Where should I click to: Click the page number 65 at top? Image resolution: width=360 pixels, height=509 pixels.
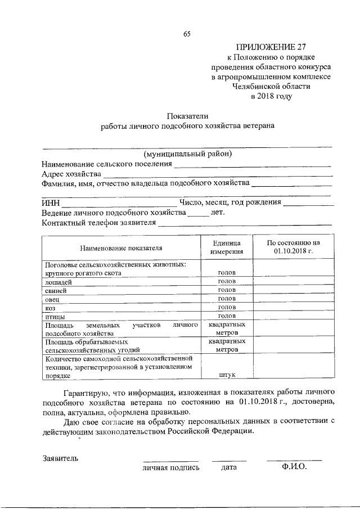(187, 34)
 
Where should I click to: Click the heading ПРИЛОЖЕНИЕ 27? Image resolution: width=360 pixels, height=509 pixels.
(271, 47)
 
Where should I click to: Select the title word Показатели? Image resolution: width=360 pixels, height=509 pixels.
(187, 116)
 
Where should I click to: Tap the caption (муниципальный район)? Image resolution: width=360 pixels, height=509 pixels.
(187, 154)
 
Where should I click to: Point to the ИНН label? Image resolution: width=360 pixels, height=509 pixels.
(50, 203)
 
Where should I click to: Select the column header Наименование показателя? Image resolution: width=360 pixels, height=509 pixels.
(120, 247)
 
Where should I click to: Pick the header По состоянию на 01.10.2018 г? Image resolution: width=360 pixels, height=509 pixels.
(292, 247)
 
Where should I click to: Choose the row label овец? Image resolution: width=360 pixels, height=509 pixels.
(52, 299)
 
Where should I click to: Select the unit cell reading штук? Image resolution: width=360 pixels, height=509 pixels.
(227, 374)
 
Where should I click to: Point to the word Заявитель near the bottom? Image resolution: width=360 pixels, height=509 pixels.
(60, 458)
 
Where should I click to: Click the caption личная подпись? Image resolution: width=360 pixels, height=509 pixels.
(171, 467)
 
